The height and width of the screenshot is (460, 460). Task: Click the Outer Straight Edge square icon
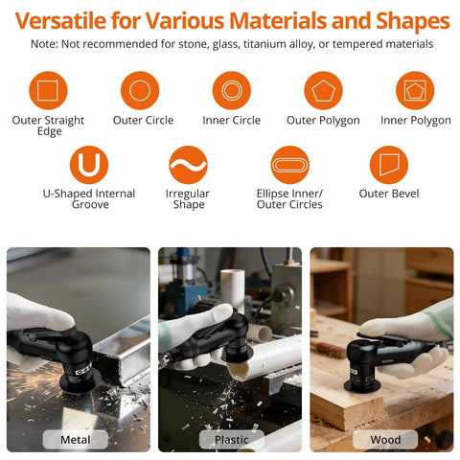pyautogui.click(x=48, y=90)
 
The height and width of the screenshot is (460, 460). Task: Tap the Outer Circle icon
pyautogui.click(x=140, y=90)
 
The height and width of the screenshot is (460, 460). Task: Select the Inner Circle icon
pyautogui.click(x=232, y=90)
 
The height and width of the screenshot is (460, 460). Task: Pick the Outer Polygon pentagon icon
pyautogui.click(x=323, y=90)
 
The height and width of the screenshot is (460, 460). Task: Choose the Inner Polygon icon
pyautogui.click(x=415, y=90)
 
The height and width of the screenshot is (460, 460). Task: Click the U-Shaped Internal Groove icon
pyautogui.click(x=89, y=165)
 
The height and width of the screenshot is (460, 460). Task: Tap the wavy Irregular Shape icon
pyautogui.click(x=188, y=165)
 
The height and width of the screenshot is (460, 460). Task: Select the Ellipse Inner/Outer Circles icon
pyautogui.click(x=289, y=165)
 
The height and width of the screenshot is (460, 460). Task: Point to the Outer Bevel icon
pyautogui.click(x=389, y=165)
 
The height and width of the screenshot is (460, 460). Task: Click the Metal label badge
pyautogui.click(x=76, y=440)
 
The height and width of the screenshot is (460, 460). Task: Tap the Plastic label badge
pyautogui.click(x=232, y=440)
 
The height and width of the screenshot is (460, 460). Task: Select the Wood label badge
pyautogui.click(x=385, y=440)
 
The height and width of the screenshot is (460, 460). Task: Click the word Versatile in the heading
pyautogui.click(x=60, y=21)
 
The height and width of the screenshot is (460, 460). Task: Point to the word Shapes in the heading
pyautogui.click(x=413, y=22)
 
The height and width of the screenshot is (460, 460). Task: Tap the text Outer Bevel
pyautogui.click(x=389, y=194)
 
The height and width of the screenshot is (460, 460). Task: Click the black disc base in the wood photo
pyautogui.click(x=362, y=386)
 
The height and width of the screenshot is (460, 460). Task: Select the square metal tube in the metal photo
pyautogui.click(x=123, y=352)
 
